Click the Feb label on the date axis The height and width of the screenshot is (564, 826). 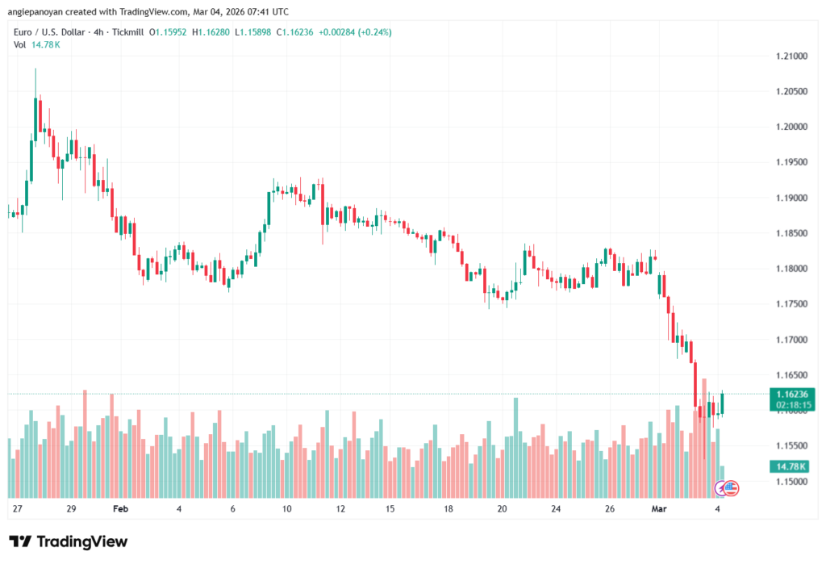click(x=121, y=509)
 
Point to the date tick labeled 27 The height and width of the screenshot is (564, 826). click(x=18, y=509)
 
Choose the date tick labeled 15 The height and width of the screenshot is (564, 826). click(x=390, y=509)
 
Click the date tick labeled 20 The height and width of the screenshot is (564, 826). click(x=502, y=509)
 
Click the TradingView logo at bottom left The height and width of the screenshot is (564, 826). click(x=68, y=541)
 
